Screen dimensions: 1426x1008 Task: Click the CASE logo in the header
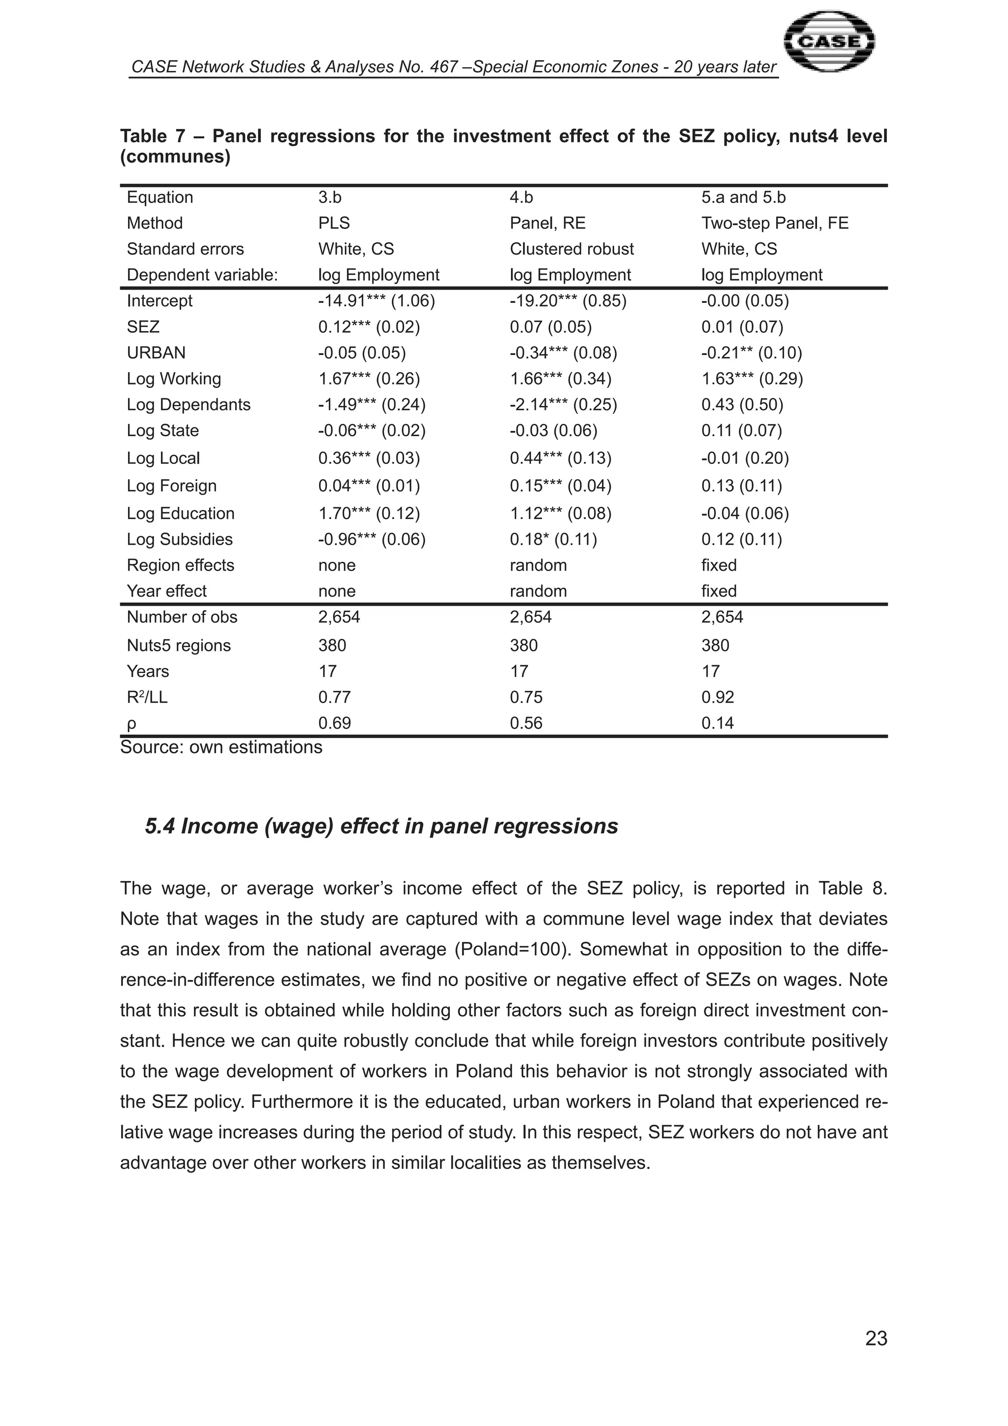pyautogui.click(x=829, y=42)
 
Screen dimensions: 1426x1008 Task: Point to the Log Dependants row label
pyautogui.click(x=188, y=404)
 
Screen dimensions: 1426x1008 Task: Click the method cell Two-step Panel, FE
pyautogui.click(x=775, y=223)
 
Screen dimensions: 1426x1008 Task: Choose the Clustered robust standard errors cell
pyautogui.click(x=571, y=249)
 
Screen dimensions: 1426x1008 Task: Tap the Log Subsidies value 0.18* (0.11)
pyautogui.click(x=553, y=539)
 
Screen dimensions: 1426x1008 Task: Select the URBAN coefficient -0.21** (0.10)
pyautogui.click(x=752, y=353)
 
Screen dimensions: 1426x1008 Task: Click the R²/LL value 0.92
pyautogui.click(x=718, y=697)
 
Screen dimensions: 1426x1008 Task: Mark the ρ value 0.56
pyautogui.click(x=526, y=723)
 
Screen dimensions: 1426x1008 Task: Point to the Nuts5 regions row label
pyautogui.click(x=178, y=646)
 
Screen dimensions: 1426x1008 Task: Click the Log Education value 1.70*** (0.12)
pyautogui.click(x=369, y=513)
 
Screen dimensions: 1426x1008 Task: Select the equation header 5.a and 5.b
pyautogui.click(x=743, y=197)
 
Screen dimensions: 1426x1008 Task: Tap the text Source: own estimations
pyautogui.click(x=221, y=746)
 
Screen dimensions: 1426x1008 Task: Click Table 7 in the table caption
pyautogui.click(x=153, y=136)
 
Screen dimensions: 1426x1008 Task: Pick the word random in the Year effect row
pyautogui.click(x=538, y=591)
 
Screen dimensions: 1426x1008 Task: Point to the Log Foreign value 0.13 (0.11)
pyautogui.click(x=742, y=486)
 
